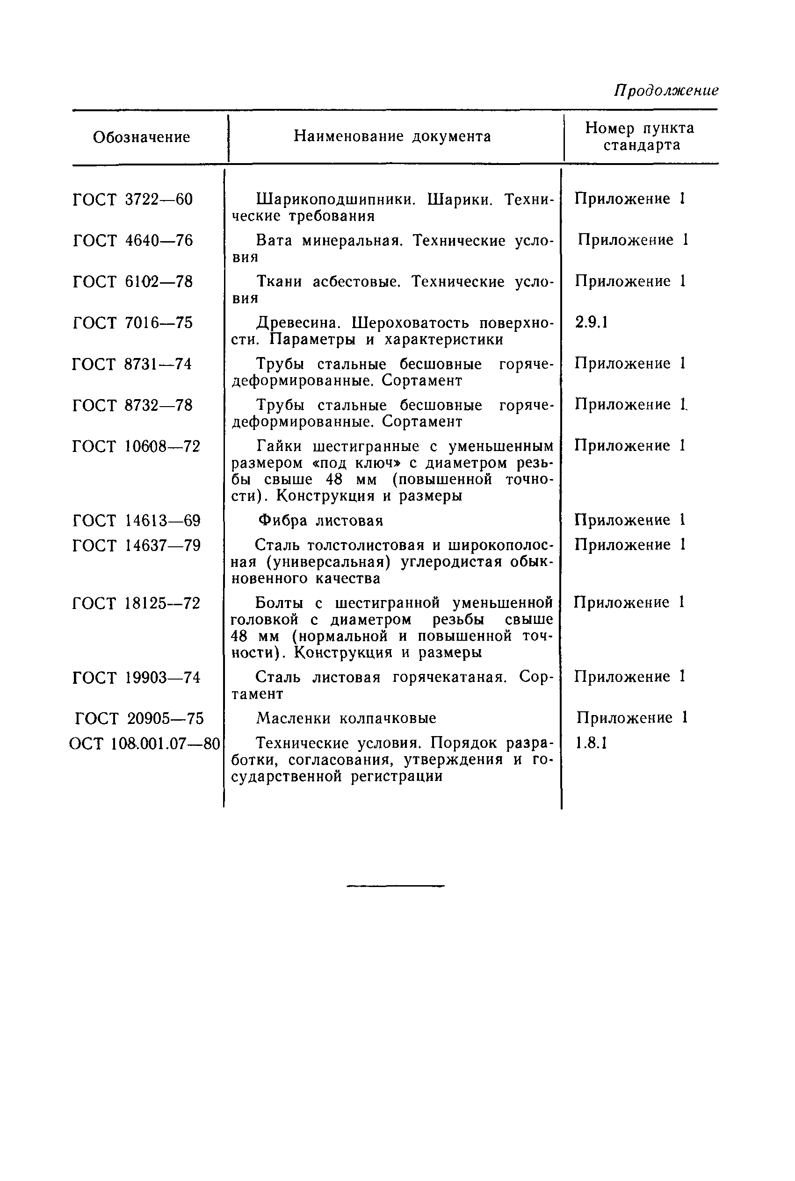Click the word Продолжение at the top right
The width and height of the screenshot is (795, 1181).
(666, 90)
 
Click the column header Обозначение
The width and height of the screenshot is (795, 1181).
(141, 137)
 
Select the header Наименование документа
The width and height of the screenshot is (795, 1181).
(392, 136)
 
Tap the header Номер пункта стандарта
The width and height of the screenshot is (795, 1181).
(639, 136)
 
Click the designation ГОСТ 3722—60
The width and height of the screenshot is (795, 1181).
(133, 200)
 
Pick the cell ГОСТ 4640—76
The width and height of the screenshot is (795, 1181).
(133, 241)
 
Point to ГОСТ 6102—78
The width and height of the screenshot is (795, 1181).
(133, 282)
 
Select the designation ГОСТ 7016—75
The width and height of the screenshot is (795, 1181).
(133, 323)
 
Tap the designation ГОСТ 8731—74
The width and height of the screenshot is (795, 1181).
(132, 364)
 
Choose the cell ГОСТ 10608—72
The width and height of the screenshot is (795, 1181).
(137, 446)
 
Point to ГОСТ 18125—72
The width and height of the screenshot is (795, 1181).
(137, 603)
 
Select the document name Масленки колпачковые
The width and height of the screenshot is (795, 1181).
(346, 718)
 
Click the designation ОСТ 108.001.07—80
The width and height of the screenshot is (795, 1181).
(145, 744)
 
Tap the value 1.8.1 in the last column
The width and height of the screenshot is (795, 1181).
(591, 743)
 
